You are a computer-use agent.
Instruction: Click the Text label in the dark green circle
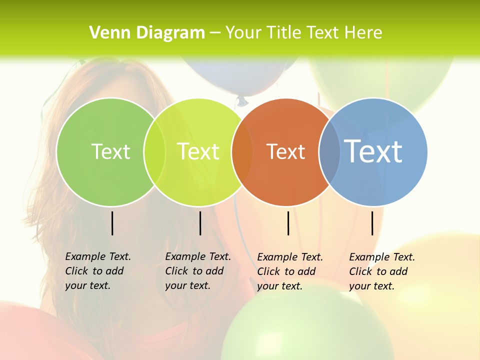pyautogui.click(x=110, y=151)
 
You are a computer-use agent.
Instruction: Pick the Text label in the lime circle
pyautogui.click(x=198, y=151)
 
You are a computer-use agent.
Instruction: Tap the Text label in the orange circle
pyautogui.click(x=285, y=152)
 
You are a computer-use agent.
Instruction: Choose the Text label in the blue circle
pyautogui.click(x=373, y=151)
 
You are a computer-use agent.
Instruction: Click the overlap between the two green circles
pyautogui.click(x=154, y=152)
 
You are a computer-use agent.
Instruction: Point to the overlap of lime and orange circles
pyautogui.click(x=242, y=152)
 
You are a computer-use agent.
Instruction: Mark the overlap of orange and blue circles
pyautogui.click(x=329, y=152)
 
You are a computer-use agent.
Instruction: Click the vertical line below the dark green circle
pyautogui.click(x=112, y=223)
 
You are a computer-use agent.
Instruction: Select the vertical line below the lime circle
pyautogui.click(x=200, y=223)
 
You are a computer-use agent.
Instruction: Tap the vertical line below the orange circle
pyautogui.click(x=288, y=223)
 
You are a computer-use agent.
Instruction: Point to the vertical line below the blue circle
pyautogui.click(x=372, y=223)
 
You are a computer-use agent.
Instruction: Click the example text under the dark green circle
pyautogui.click(x=97, y=271)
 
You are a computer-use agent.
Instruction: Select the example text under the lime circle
pyautogui.click(x=197, y=271)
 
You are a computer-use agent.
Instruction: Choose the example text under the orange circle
pyautogui.click(x=289, y=271)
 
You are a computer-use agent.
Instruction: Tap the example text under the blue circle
pyautogui.click(x=381, y=271)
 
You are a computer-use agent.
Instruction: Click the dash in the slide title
pyautogui.click(x=215, y=33)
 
